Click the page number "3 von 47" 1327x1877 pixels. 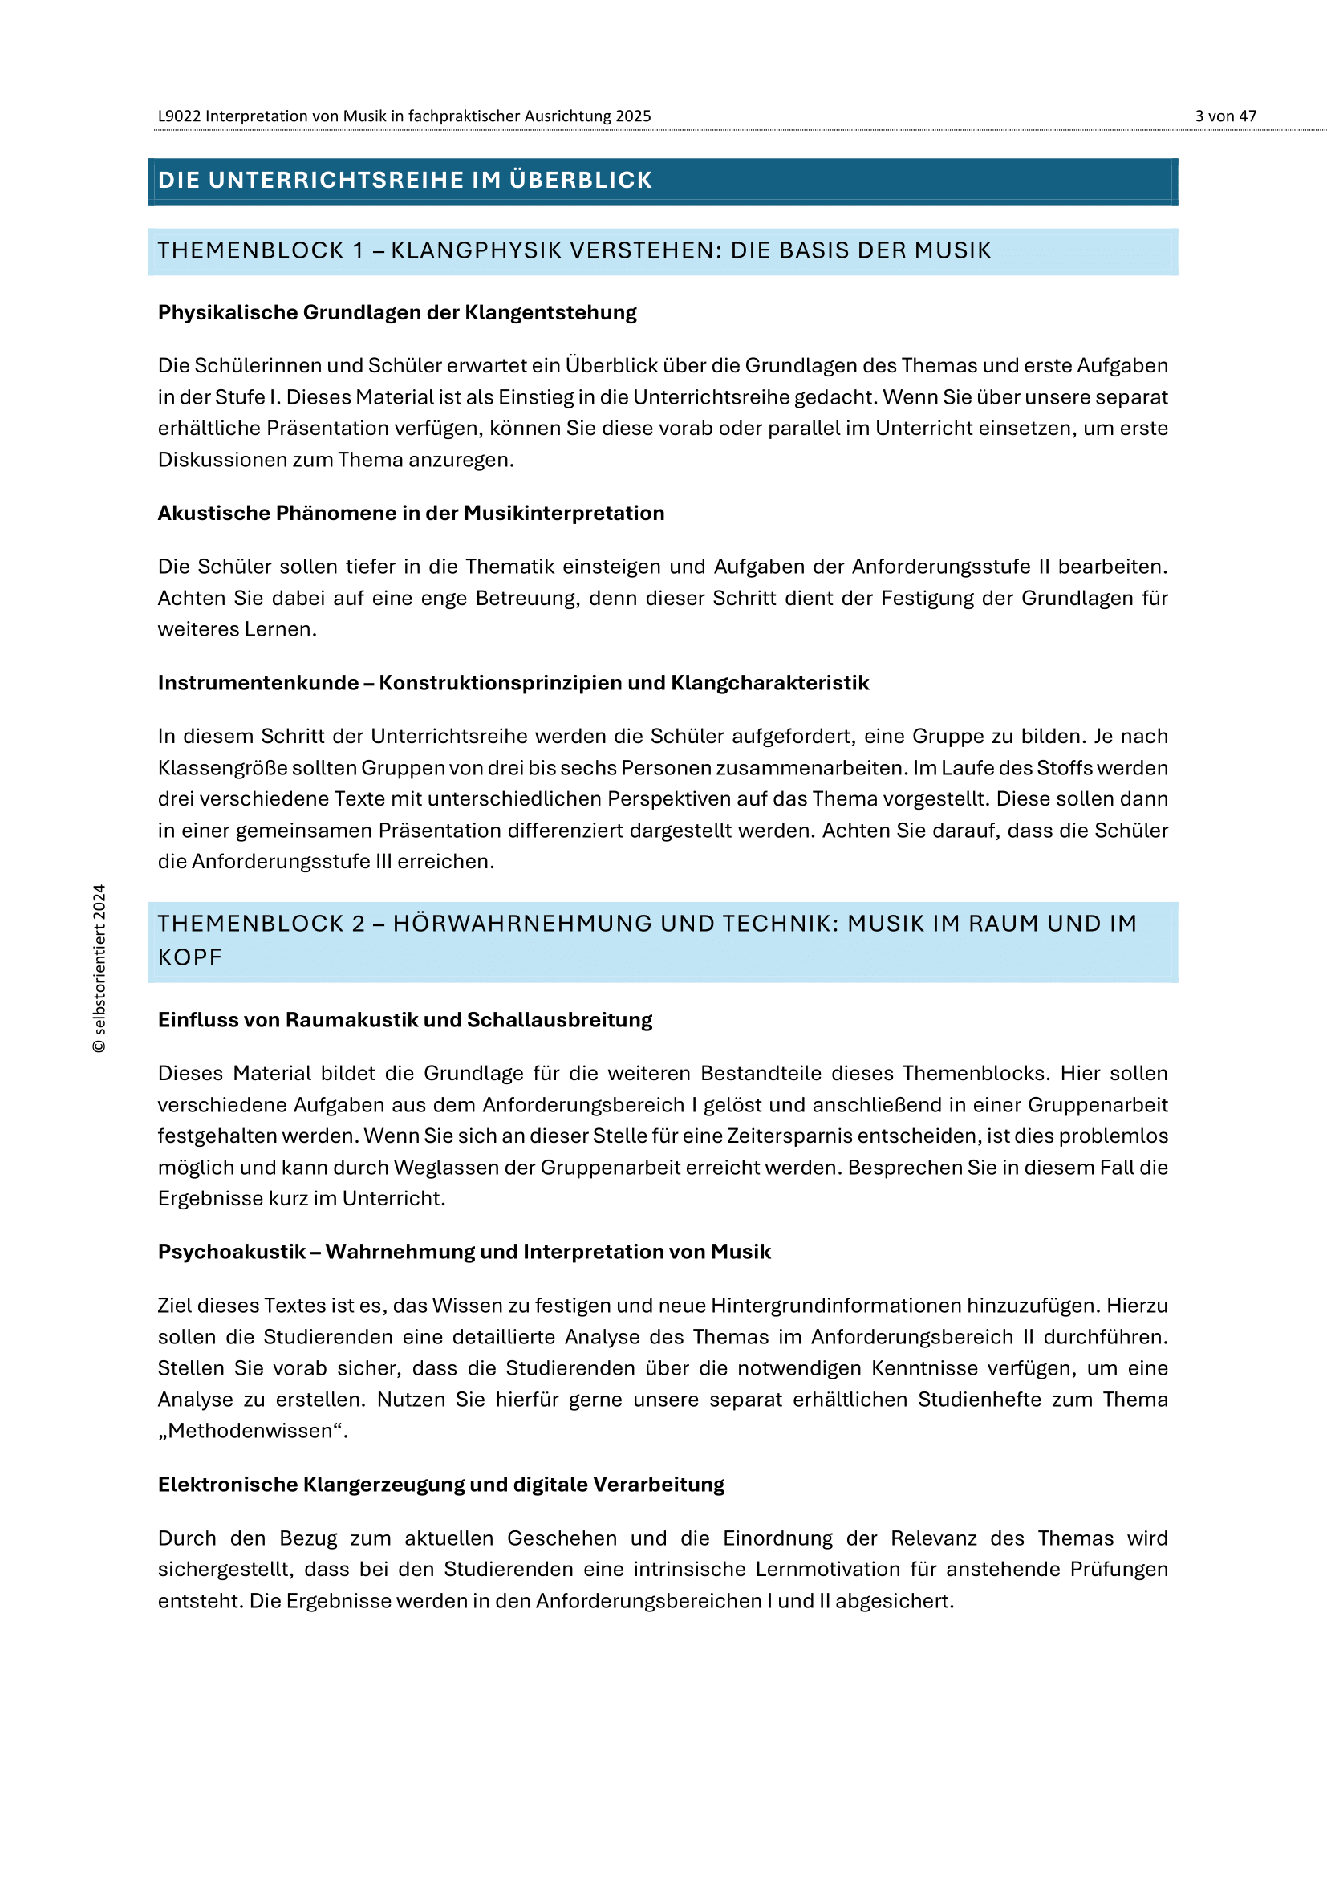[x=1225, y=116]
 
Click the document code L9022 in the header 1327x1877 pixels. [x=179, y=116]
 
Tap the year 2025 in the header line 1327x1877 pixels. [x=633, y=116]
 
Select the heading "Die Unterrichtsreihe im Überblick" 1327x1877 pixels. [x=404, y=180]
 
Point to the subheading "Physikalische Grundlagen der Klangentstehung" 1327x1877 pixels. [x=397, y=312]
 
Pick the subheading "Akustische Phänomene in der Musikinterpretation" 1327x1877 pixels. [x=411, y=513]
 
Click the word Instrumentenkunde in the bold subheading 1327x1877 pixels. [x=258, y=683]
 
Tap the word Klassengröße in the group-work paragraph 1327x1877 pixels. [x=222, y=768]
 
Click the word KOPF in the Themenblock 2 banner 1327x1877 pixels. [x=189, y=957]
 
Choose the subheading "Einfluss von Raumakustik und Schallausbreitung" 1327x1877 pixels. [x=404, y=1019]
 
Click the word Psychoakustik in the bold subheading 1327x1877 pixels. [x=231, y=1252]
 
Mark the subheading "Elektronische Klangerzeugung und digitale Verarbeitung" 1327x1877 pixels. [x=441, y=1484]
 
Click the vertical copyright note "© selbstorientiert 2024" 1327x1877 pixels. [x=99, y=968]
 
